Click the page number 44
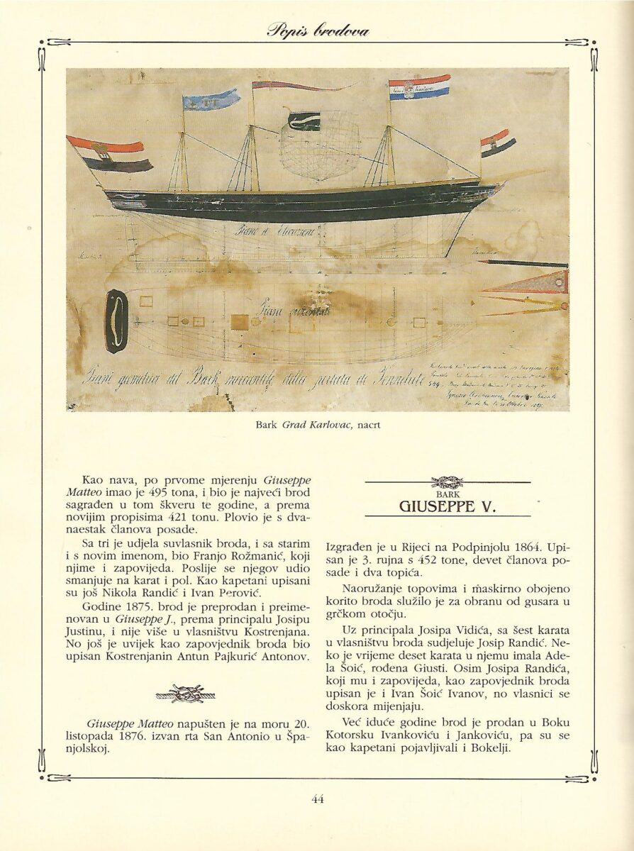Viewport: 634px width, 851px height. (317, 799)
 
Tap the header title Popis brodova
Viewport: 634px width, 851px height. (318, 30)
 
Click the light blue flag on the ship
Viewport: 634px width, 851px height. (211, 100)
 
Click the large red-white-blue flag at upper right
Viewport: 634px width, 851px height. (418, 87)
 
